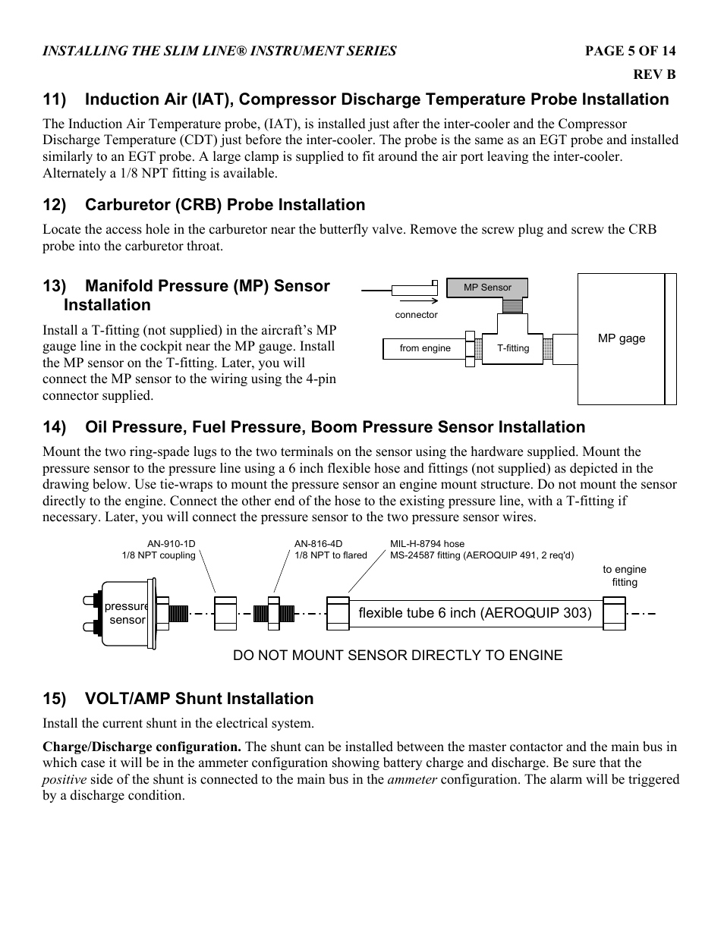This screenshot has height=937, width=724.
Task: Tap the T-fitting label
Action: point(513,348)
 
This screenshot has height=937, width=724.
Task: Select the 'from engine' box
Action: point(425,348)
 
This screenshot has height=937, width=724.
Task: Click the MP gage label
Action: point(621,338)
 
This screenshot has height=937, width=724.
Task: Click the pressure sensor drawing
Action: point(127,612)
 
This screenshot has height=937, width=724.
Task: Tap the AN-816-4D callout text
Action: point(330,549)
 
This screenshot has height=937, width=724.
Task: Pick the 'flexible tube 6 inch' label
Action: point(474,613)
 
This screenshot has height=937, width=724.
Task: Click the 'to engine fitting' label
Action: point(625,576)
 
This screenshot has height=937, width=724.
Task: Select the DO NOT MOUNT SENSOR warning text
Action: point(398,656)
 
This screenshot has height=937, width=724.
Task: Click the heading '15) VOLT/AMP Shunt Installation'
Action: point(178,699)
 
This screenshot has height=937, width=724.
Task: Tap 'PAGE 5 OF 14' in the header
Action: point(629,51)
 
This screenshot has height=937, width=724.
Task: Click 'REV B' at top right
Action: point(654,74)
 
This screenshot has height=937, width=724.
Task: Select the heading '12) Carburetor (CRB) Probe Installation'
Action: point(203,205)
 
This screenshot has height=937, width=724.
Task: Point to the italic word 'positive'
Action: point(64,779)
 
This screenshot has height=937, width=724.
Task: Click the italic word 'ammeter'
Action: point(411,779)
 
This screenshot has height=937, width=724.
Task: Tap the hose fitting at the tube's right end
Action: point(614,613)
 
